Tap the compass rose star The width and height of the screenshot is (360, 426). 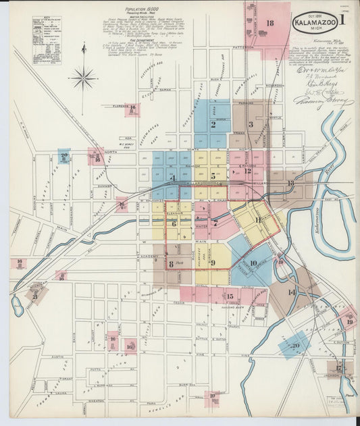[84, 78]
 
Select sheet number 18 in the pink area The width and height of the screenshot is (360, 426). [270, 24]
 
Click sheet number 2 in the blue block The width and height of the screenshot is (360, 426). [213, 124]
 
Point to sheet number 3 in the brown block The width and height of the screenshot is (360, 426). [251, 124]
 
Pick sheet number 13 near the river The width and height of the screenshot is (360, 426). [290, 183]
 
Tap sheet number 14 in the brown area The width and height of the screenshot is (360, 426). [292, 292]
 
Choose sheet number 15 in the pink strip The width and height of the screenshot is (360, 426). [230, 296]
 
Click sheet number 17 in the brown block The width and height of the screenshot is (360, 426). [340, 368]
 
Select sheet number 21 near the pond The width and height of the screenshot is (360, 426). [34, 295]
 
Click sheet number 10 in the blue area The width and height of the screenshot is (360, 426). [253, 263]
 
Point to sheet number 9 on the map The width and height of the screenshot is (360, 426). [213, 263]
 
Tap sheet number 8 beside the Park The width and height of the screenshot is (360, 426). [172, 264]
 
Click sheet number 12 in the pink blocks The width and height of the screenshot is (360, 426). [248, 171]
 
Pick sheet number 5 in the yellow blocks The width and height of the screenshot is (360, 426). [213, 176]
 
